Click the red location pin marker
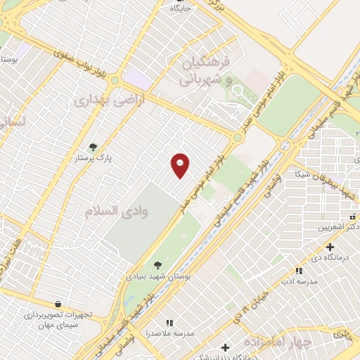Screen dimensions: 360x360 [x=181, y=165]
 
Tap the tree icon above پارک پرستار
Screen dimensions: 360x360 [x=93, y=147]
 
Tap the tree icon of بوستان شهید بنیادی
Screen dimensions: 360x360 [x=156, y=264]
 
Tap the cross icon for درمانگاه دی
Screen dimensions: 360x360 [x=330, y=247]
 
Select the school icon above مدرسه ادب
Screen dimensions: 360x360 [x=298, y=270]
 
